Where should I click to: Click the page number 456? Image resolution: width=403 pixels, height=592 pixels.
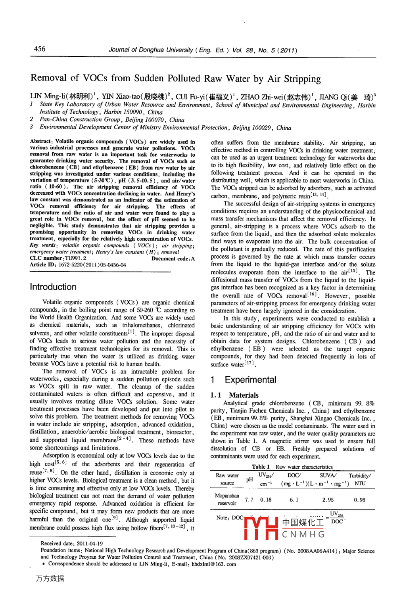(x=40, y=49)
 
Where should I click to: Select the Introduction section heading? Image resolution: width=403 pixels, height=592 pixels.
(x=53, y=287)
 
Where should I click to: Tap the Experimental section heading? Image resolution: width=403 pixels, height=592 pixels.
(x=250, y=379)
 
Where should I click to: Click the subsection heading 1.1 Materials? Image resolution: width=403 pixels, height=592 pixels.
(x=234, y=395)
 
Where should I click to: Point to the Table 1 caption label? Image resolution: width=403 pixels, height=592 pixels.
(x=261, y=467)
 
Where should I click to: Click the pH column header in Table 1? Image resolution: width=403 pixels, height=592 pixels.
(x=249, y=479)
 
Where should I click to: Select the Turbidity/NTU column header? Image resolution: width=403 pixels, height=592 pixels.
(x=360, y=479)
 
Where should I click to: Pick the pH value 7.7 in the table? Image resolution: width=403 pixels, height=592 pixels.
(x=249, y=500)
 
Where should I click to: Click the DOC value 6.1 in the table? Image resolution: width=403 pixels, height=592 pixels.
(x=294, y=500)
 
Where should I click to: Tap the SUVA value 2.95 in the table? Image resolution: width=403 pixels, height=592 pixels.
(x=328, y=500)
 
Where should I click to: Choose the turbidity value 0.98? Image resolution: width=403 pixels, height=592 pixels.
(x=360, y=500)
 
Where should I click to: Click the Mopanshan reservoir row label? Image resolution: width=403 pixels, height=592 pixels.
(x=227, y=500)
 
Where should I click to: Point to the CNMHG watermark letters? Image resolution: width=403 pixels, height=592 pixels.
(x=303, y=535)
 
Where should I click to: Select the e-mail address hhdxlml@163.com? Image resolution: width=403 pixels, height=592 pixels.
(x=214, y=564)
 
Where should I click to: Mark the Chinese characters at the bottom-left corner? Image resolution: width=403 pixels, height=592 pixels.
(x=50, y=579)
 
